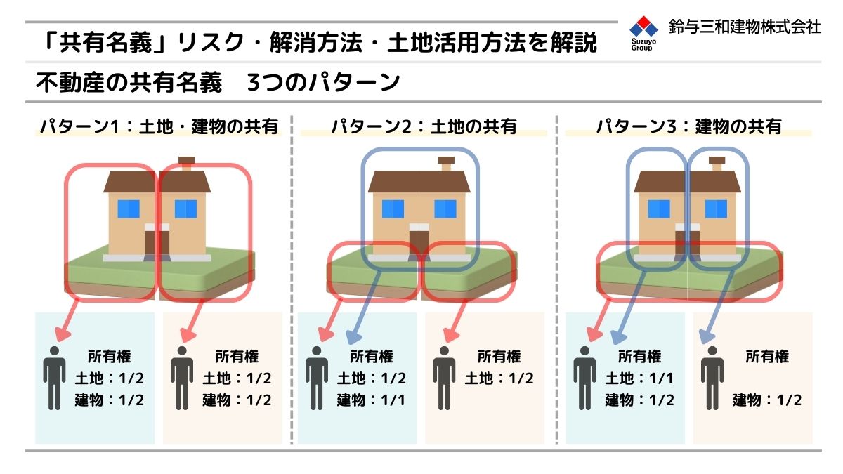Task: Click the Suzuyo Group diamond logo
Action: (643, 27)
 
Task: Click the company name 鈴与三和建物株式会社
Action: (745, 27)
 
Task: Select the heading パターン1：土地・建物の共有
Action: (159, 126)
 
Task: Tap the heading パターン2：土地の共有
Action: (424, 126)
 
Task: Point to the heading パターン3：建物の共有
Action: (689, 126)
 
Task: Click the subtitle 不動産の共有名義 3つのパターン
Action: (218, 82)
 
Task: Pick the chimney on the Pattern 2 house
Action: (446, 164)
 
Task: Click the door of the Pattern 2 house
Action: (419, 242)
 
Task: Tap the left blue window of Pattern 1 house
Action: (129, 209)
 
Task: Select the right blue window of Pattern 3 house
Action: (716, 209)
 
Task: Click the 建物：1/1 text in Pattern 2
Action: (371, 400)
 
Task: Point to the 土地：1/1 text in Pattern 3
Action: (639, 378)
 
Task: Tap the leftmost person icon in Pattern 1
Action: (55, 378)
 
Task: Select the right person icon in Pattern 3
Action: (712, 378)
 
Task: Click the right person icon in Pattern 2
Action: (444, 378)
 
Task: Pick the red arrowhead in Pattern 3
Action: (594, 334)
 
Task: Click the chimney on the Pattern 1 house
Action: (187, 164)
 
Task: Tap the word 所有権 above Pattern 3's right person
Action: (767, 357)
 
